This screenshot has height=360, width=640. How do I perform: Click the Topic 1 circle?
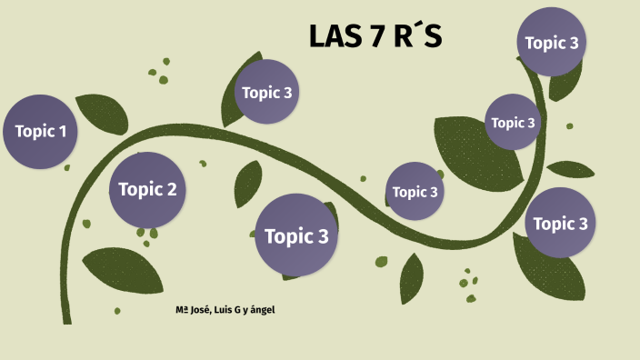tap(40, 131)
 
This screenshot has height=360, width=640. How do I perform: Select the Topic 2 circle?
tap(147, 189)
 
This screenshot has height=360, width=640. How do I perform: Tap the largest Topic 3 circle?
tap(296, 235)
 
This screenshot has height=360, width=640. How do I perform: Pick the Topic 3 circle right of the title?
tap(552, 42)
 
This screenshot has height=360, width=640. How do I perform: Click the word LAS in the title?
tap(331, 36)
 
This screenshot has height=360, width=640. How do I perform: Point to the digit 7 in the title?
tap(374, 36)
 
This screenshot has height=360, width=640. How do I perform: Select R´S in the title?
tap(417, 36)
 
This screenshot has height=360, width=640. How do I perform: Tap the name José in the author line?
tap(199, 310)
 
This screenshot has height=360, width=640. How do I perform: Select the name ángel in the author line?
tap(263, 311)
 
